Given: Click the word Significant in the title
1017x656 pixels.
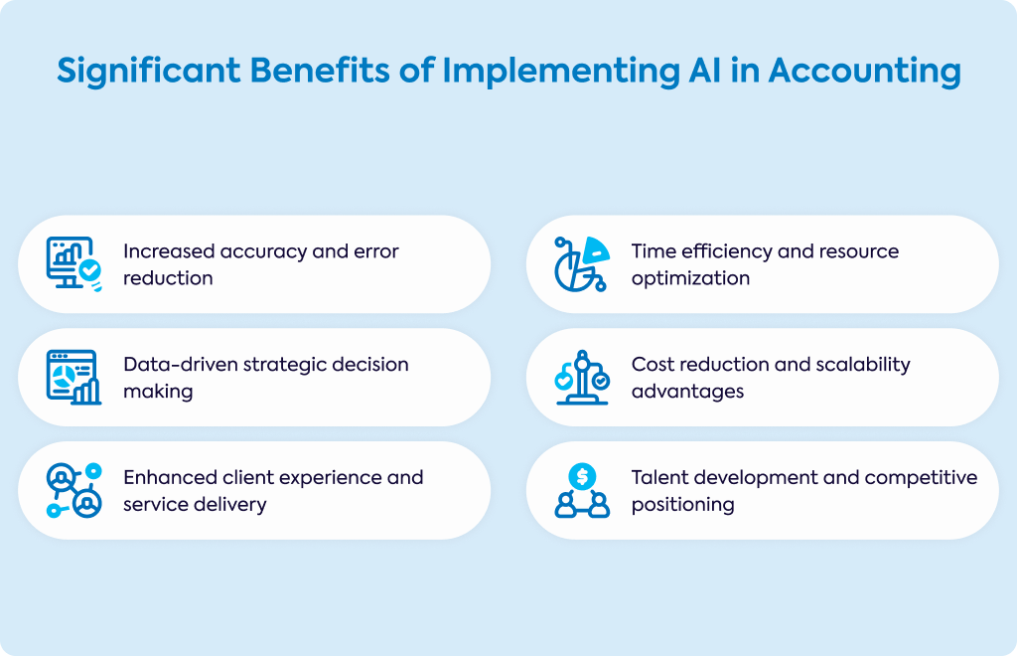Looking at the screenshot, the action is [149, 72].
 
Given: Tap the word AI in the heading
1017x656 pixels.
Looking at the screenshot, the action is [704, 71].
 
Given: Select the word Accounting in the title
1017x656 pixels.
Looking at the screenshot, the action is [865, 72].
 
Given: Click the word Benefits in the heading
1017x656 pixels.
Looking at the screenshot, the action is [320, 71].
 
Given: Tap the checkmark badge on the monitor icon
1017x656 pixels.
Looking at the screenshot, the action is [90, 270].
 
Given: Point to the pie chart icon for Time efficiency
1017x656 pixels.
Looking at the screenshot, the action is [582, 264].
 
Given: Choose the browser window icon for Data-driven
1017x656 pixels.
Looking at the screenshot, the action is [73, 377].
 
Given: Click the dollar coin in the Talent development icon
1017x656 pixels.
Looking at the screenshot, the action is [582, 477].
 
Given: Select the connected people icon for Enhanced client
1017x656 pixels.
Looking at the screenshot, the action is [73, 491].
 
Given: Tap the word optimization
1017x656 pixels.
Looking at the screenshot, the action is [691, 279].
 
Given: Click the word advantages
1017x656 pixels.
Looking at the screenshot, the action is [687, 392].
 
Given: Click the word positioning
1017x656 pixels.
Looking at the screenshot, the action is [683, 506].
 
